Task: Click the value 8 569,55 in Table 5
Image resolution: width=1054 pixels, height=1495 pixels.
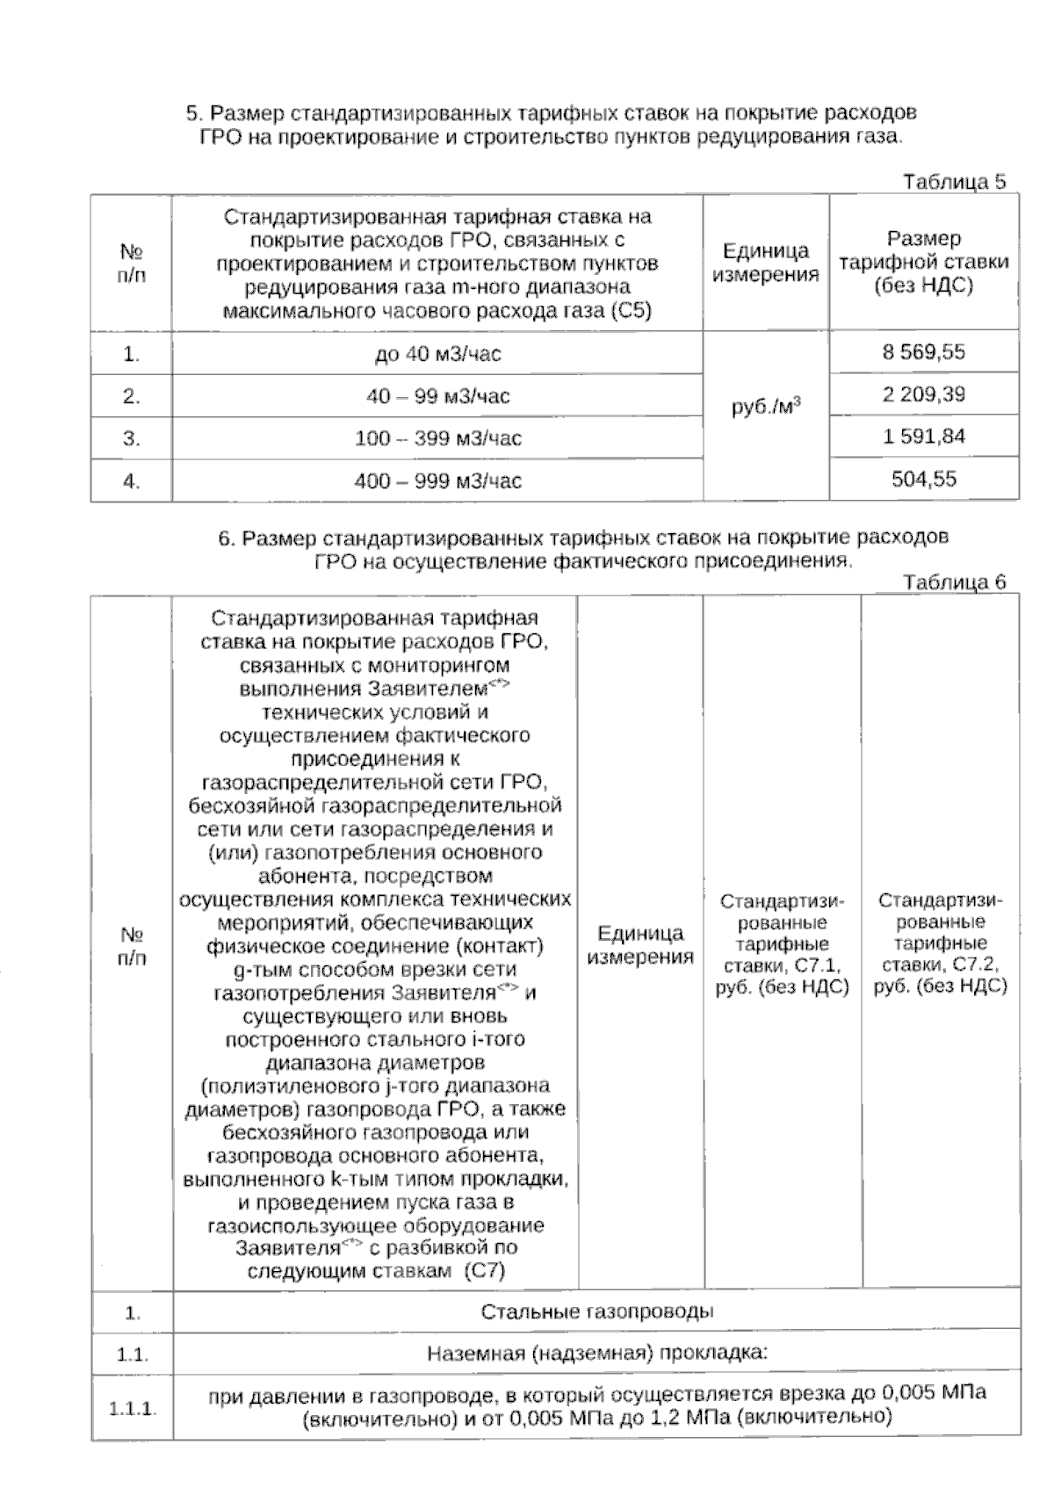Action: click(x=923, y=352)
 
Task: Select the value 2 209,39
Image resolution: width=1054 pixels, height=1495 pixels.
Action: click(x=923, y=394)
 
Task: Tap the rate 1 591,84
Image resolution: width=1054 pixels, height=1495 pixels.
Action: click(x=923, y=437)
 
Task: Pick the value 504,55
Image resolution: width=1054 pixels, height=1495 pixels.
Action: click(x=923, y=480)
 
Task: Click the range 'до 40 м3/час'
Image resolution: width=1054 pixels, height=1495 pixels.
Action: click(x=437, y=354)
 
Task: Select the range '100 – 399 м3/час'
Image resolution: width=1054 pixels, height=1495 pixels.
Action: click(x=437, y=438)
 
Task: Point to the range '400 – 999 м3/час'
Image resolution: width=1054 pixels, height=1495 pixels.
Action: click(x=437, y=481)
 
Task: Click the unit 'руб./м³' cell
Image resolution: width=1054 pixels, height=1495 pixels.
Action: click(x=765, y=408)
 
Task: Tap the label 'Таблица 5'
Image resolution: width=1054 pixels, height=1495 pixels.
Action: click(x=954, y=182)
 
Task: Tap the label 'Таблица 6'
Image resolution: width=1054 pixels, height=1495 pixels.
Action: click(x=954, y=581)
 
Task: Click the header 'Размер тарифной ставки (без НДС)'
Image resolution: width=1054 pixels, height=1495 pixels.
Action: click(x=923, y=262)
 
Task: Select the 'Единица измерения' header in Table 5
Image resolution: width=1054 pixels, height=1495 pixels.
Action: click(x=765, y=263)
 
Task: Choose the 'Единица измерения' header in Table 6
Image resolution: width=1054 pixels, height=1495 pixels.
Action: click(x=640, y=944)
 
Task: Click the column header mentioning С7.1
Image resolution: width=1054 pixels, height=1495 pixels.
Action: click(x=782, y=944)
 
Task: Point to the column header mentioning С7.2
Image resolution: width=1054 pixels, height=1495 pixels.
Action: click(x=940, y=944)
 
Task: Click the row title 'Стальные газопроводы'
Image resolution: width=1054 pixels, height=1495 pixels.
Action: click(x=596, y=1311)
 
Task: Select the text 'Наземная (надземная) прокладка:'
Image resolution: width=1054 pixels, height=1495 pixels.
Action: click(x=596, y=1353)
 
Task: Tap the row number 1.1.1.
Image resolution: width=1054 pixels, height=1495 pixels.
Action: click(x=132, y=1408)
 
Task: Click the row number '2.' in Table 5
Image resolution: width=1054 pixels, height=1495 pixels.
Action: click(x=132, y=396)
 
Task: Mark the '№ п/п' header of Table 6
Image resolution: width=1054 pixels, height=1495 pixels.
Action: click(x=132, y=944)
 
